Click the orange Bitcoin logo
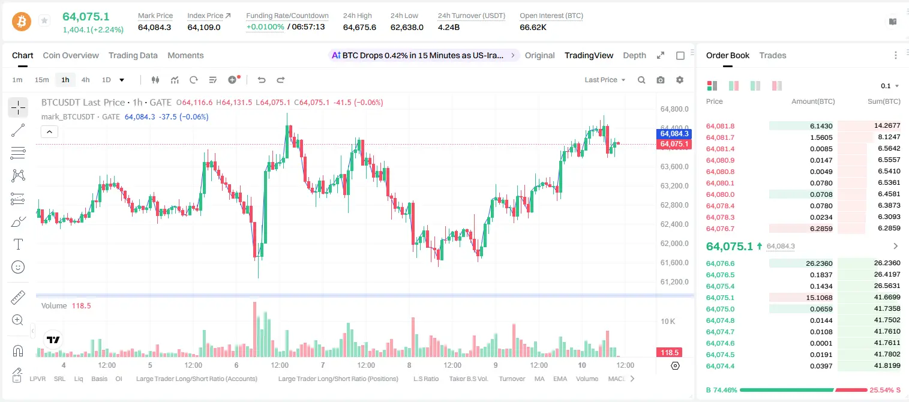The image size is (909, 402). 22,22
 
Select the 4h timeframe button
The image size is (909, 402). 85,80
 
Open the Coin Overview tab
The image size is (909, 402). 71,55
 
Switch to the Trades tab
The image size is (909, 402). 773,55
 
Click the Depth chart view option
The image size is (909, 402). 634,55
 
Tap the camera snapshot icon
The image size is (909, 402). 661,80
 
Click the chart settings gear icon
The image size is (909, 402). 680,80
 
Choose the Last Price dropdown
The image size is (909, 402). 605,80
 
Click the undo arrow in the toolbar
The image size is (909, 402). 262,80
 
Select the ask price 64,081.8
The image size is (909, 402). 721,126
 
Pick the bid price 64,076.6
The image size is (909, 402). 721,263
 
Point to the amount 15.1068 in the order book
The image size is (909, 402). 819,298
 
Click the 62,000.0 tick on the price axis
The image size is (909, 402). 674,244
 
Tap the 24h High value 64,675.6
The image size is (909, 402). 359,27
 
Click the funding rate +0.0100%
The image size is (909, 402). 265,27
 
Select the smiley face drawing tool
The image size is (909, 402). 18,267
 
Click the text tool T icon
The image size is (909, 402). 18,244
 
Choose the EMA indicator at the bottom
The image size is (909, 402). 560,379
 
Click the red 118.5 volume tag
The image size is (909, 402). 669,353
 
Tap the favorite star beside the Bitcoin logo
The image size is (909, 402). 44,20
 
